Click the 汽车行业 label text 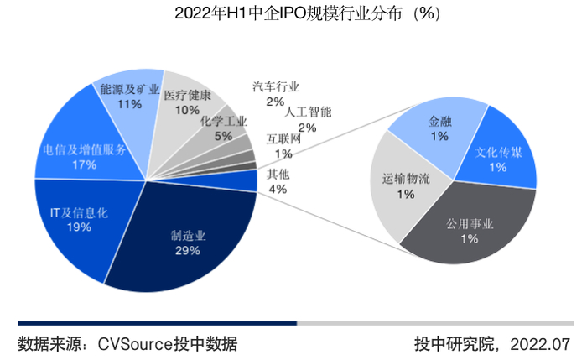click(x=276, y=86)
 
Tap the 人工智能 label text click(x=308, y=112)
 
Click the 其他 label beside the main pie click(x=278, y=175)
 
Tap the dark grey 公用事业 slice click(x=470, y=231)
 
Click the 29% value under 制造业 click(x=188, y=251)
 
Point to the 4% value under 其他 click(x=278, y=189)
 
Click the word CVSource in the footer click(x=135, y=343)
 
